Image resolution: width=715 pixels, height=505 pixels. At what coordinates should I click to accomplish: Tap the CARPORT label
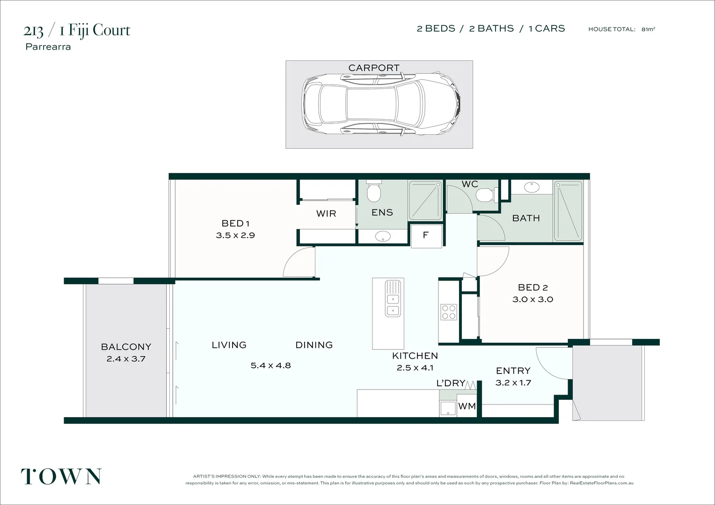374,68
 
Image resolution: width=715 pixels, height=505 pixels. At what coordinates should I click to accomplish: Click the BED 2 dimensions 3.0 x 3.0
533,300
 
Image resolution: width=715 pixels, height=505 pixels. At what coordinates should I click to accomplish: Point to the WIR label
326,214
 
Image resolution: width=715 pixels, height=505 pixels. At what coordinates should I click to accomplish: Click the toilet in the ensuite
373,192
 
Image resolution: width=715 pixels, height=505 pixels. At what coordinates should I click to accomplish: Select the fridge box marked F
426,235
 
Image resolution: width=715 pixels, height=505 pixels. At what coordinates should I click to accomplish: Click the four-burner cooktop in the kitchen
448,312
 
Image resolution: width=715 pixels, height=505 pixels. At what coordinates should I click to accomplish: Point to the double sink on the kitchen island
393,298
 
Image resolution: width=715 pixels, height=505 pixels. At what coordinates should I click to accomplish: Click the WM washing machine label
467,406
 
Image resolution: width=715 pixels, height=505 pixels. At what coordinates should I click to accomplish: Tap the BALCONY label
126,347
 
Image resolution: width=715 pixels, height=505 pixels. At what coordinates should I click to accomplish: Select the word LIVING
229,345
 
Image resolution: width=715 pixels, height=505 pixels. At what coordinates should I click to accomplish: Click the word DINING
314,345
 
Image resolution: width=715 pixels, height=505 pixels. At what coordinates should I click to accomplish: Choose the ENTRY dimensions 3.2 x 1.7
513,383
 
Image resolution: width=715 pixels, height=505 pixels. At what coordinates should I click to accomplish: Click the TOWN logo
61,476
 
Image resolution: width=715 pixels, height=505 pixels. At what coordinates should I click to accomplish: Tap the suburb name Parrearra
48,47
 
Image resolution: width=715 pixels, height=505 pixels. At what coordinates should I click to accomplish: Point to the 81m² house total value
648,29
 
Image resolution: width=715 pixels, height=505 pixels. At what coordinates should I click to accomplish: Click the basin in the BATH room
532,188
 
